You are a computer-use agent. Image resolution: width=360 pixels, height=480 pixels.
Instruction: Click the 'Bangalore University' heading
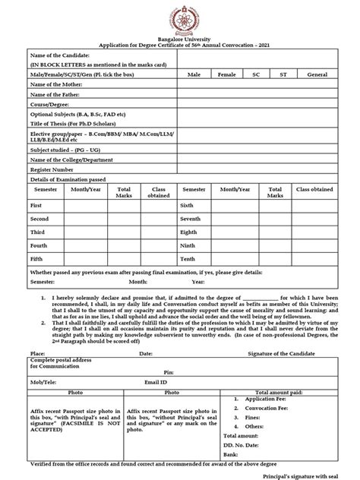point(180,39)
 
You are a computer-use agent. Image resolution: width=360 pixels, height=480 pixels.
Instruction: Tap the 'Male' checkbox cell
point(194,74)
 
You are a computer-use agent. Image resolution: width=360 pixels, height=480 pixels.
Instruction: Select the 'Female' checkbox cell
point(226,74)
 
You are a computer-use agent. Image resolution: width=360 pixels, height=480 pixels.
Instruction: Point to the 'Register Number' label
point(52,169)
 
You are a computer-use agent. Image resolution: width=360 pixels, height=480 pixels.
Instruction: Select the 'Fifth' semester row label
point(36,258)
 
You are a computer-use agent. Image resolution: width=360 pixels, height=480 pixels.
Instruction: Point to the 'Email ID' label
point(156,381)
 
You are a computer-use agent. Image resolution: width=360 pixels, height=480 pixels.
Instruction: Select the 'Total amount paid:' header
point(289,392)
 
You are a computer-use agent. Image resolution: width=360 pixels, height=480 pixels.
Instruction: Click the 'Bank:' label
point(230,453)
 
